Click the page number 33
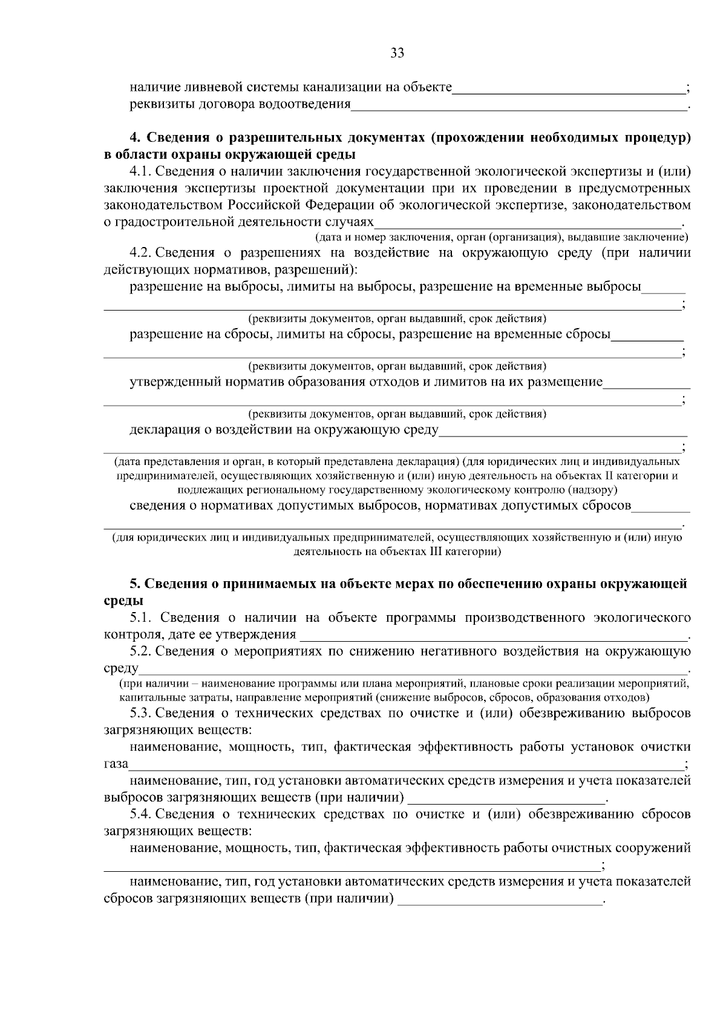397,53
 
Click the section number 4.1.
142,172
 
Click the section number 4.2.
143,252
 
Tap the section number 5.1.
143,618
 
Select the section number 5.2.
143,651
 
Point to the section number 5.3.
143,713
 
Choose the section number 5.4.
143,814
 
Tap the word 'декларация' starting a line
160,430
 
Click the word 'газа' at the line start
116,764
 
